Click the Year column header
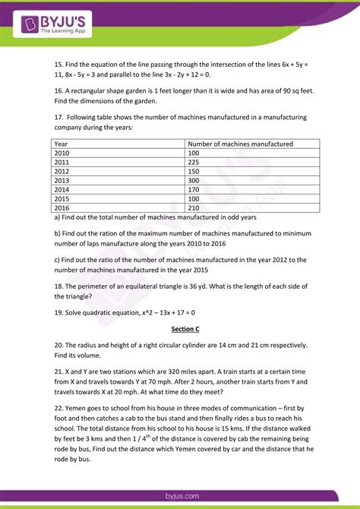(62, 144)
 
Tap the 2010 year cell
(62, 153)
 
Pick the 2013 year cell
(62, 181)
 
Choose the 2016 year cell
(62, 208)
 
